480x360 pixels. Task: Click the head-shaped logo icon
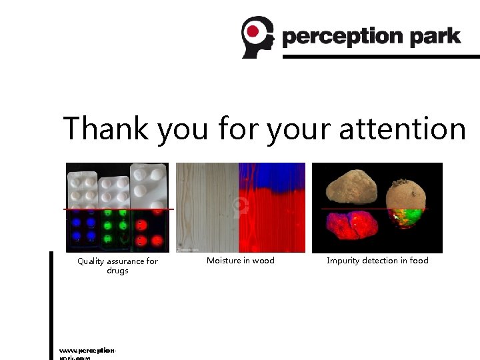pos(257,37)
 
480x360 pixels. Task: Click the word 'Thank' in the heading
pos(106,128)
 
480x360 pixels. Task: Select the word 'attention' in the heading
pos(402,128)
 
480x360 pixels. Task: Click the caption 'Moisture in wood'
pos(240,261)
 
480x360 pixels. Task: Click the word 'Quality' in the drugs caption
pos(91,261)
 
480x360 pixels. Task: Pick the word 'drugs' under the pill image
pos(117,271)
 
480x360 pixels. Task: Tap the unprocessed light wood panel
pos(207,207)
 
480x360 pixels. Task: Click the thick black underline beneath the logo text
pos(381,57)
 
